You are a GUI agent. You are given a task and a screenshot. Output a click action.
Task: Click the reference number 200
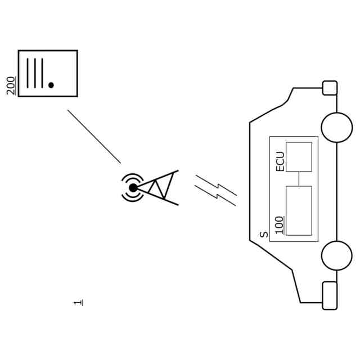11,85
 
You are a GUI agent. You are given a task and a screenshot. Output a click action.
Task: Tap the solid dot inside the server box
51,85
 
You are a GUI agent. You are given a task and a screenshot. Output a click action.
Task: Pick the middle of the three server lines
35,73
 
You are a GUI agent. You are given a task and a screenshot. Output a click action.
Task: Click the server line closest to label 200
28,73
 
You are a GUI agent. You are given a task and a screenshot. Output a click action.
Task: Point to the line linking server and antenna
94,137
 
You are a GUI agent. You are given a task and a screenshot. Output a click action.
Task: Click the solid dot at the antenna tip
133,188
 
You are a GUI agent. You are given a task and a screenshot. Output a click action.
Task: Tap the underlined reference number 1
78,303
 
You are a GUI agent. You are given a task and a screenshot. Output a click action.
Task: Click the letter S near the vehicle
264,235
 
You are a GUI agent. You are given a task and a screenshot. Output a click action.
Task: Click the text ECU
280,161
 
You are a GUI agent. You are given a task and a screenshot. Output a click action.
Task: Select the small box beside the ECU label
299,156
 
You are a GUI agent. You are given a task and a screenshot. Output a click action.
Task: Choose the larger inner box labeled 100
299,210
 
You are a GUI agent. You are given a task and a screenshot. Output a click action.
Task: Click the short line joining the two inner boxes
299,178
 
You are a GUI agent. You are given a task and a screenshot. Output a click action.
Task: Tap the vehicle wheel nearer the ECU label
336,128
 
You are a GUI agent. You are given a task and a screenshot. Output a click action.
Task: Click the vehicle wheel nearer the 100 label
336,255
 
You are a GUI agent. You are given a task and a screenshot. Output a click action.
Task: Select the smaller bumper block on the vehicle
330,88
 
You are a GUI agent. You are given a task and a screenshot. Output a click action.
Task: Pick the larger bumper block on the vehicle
330,295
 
